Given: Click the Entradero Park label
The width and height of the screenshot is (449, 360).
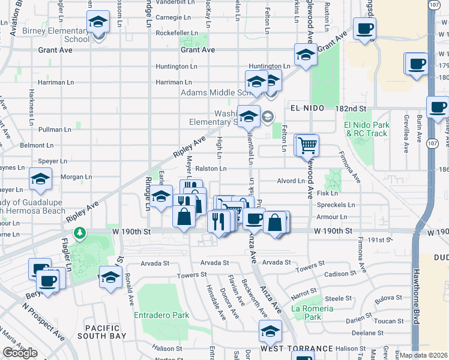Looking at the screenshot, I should (x=162, y=315).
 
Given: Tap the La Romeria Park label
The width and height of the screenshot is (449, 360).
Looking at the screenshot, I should (x=312, y=313).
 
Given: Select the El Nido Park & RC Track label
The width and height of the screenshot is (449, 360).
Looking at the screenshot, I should (x=366, y=129).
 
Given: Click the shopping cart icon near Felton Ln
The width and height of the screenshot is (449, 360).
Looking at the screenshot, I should (x=307, y=144).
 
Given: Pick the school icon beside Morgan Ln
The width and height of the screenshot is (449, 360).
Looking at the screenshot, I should (x=40, y=179).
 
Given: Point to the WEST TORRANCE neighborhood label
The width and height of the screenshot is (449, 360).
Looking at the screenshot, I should (x=297, y=348).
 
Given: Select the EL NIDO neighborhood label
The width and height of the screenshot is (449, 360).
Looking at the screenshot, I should (x=307, y=108).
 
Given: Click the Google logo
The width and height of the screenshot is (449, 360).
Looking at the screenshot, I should (x=20, y=353).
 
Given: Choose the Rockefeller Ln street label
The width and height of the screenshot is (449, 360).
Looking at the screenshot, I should (x=176, y=33).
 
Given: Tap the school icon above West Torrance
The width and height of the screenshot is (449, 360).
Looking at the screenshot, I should (x=270, y=331).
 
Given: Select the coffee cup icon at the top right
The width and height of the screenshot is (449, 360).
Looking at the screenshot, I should (x=364, y=29).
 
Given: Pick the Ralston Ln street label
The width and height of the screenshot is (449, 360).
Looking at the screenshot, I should (x=210, y=169).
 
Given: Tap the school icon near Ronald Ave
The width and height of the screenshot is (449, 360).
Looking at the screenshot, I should (x=110, y=277).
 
